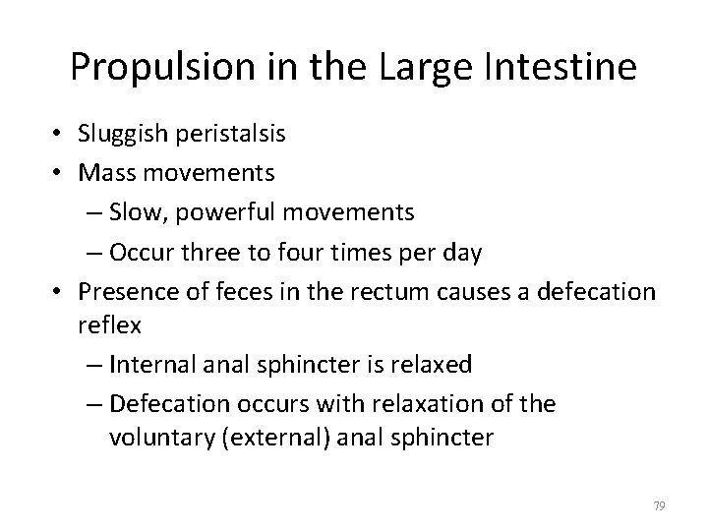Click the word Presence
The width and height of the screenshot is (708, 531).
119,292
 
